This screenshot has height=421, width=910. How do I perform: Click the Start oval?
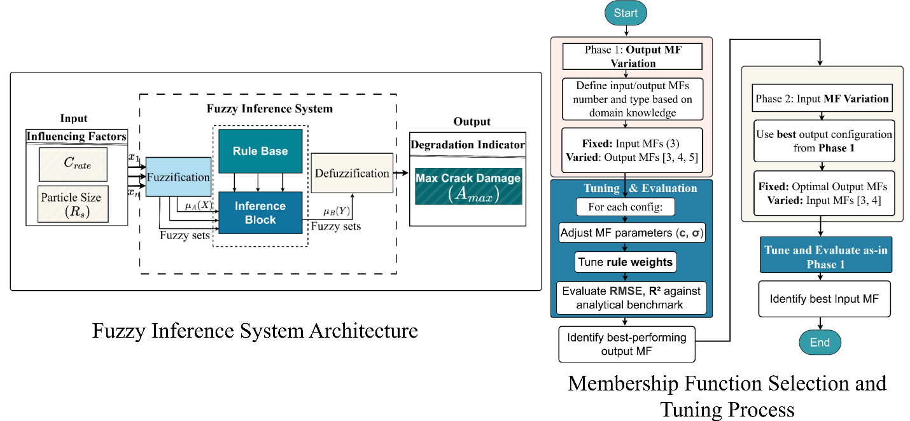626,13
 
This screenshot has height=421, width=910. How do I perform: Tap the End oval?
820,343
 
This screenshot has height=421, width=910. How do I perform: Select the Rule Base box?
260,151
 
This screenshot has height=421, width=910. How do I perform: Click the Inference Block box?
260,213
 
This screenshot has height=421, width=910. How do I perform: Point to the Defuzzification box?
352,174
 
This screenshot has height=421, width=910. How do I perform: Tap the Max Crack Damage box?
468,187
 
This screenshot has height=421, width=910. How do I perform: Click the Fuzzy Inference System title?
269,109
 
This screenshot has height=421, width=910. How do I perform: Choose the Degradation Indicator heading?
468,145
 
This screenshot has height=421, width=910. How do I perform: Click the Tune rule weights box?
626,261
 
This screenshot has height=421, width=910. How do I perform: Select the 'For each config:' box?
626,207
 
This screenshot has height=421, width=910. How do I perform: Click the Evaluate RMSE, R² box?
631,298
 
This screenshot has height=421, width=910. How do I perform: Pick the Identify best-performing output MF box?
627,344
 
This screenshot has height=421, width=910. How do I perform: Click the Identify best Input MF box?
824,298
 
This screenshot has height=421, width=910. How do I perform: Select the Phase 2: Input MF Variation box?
822,99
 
